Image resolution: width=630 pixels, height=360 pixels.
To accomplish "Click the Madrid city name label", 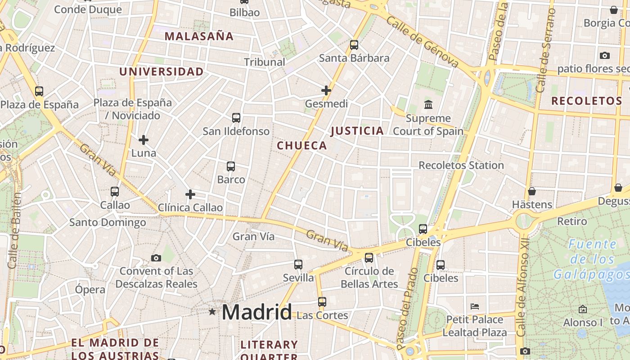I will [x=256, y=312].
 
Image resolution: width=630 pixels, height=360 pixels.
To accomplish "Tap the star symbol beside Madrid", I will [x=212, y=311].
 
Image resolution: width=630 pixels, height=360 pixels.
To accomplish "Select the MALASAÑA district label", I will [x=199, y=36].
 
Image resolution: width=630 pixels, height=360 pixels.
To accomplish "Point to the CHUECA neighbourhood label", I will [x=302, y=145].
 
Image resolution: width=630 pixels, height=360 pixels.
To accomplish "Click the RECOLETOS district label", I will [x=586, y=101].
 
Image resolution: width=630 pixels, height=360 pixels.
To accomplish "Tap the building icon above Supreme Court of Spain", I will [x=428, y=105].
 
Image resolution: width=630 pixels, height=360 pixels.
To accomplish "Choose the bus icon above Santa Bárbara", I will [x=354, y=45].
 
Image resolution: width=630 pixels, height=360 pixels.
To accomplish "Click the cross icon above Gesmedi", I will [x=326, y=90].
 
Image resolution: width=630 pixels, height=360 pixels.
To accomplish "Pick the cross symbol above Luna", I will [x=144, y=140].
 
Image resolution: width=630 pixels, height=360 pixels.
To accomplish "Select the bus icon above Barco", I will [x=231, y=166].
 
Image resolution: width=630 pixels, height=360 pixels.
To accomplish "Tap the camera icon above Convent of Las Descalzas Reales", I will [x=156, y=258].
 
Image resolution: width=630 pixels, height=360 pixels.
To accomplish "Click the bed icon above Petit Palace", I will [x=474, y=307].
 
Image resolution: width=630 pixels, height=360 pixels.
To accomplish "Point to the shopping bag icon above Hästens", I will [x=532, y=191].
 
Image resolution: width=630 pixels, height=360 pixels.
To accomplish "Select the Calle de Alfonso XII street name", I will [x=522, y=293].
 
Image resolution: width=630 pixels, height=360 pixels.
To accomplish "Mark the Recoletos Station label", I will [x=461, y=165].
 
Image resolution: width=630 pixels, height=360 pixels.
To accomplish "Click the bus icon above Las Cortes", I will [x=322, y=302].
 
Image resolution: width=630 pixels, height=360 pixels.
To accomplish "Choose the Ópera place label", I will [x=90, y=289].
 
